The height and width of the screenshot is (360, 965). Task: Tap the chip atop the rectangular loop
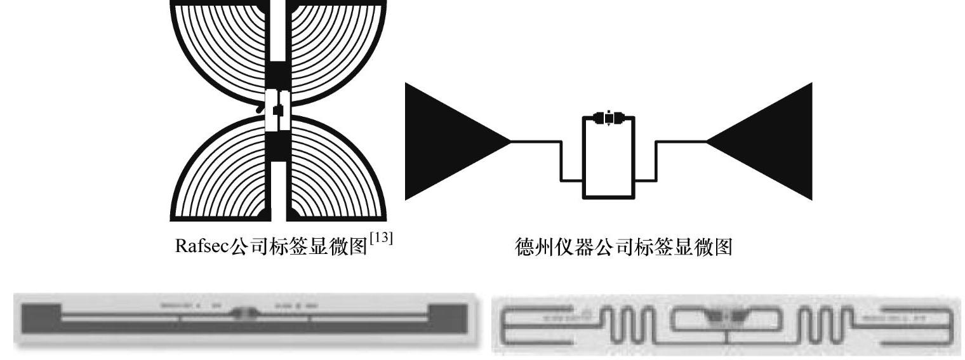pyautogui.click(x=608, y=118)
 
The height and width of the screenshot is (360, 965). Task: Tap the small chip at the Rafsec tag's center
pyautogui.click(x=277, y=110)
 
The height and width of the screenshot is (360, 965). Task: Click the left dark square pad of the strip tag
pyautogui.click(x=42, y=313)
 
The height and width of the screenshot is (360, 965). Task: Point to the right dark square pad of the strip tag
pyautogui.click(x=449, y=313)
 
